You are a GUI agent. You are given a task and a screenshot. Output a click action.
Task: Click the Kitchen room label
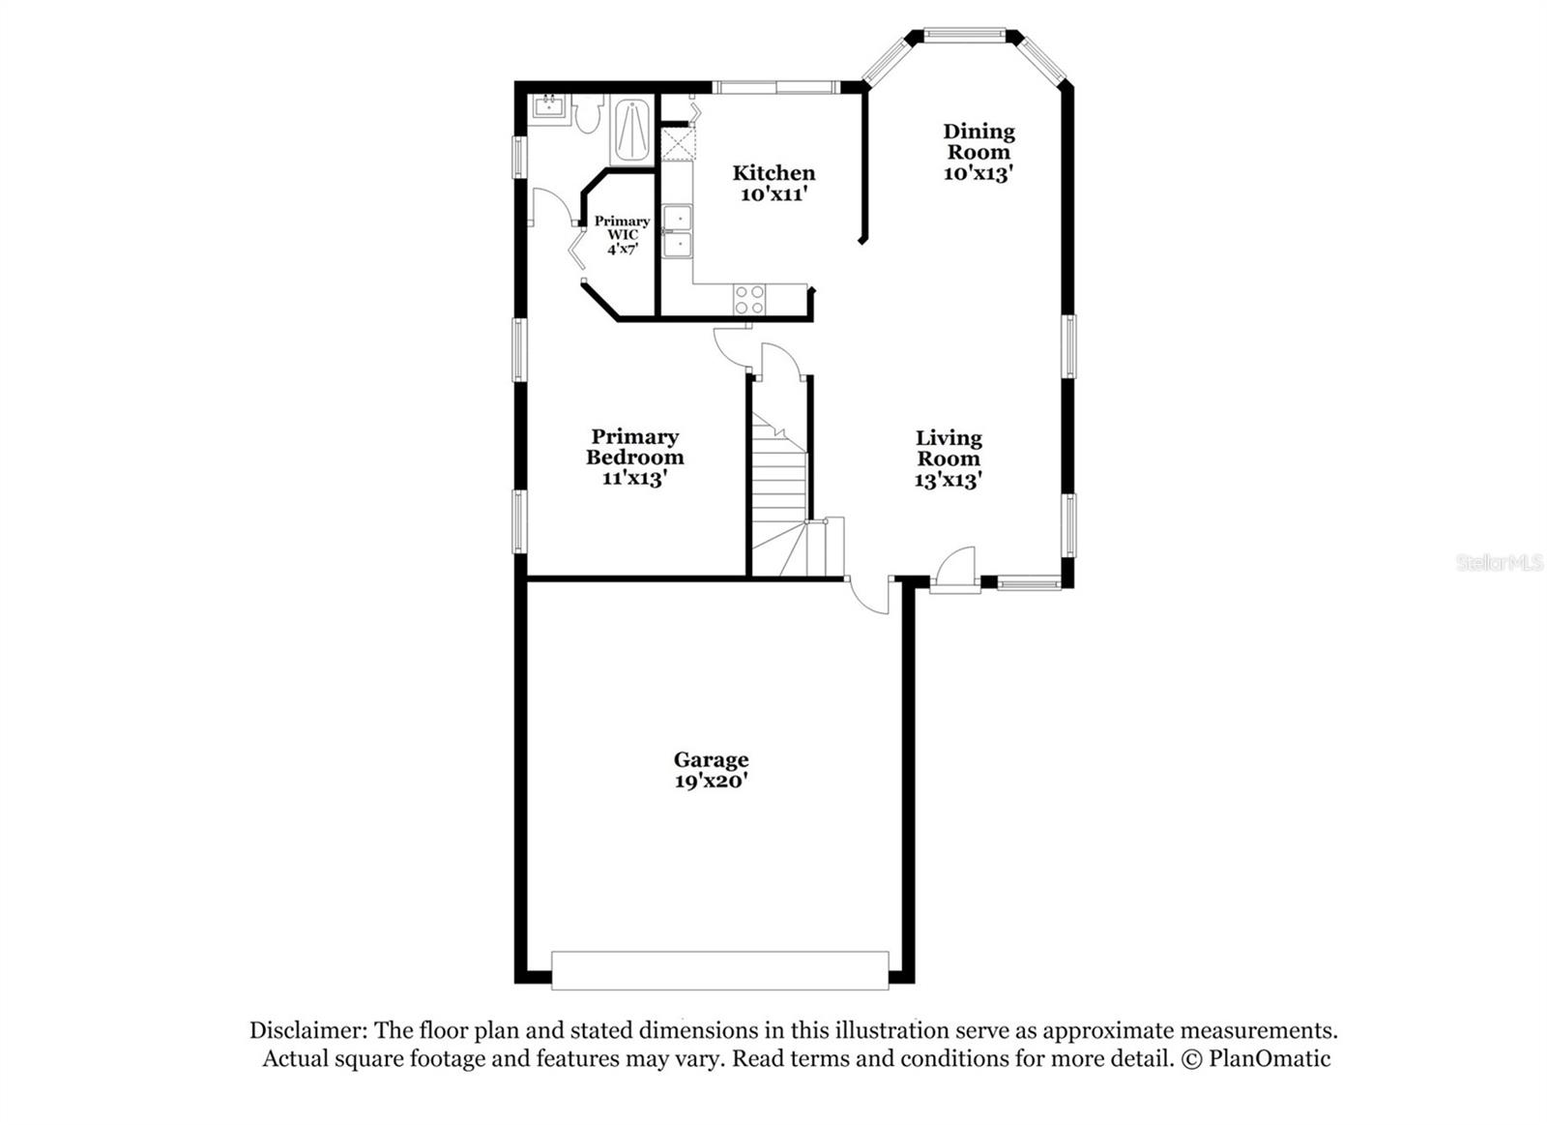(x=773, y=183)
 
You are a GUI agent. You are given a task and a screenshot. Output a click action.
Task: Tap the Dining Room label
(x=978, y=152)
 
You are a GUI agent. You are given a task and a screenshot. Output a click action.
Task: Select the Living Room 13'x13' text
(x=949, y=459)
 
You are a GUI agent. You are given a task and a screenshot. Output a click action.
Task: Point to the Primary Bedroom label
(x=634, y=457)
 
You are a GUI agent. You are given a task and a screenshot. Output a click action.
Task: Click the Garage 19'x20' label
(x=712, y=770)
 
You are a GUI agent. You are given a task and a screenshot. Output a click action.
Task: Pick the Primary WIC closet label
(x=622, y=235)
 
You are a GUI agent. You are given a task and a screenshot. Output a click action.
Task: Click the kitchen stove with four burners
(x=749, y=299)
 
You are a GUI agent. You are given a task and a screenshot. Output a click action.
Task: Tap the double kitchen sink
(x=677, y=230)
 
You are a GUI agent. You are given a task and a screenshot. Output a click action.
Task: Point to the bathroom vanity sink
(x=548, y=104)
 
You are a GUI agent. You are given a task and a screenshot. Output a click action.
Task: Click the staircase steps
(x=779, y=484)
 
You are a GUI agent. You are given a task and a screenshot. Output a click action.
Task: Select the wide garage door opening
(x=719, y=970)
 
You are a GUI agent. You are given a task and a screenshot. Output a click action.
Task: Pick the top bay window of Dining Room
(x=964, y=36)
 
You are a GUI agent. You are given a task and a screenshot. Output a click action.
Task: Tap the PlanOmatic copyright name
(x=1269, y=1058)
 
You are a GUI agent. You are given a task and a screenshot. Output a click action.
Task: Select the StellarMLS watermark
(x=1499, y=562)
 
